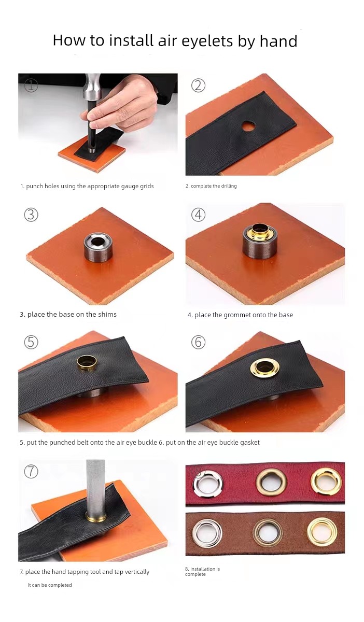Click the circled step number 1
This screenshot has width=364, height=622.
coord(31,85)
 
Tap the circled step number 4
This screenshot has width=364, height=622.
coord(199,215)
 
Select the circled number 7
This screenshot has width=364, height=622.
coord(31,471)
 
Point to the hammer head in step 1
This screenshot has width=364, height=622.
coord(93,88)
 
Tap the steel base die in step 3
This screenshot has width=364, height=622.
coord(98,247)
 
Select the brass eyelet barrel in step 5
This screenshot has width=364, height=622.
coord(87,362)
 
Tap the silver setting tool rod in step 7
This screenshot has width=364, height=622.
coord(95,488)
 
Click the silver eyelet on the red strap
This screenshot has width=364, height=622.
coord(208,484)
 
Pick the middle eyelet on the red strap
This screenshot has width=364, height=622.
coord(271,482)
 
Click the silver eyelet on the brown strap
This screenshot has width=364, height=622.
coord(207,533)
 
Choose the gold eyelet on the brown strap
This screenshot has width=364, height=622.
coord(322,532)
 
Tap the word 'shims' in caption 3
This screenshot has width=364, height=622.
coord(106,314)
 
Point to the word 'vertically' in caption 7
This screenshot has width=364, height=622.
coord(137,572)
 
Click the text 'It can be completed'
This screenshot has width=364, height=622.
coord(50,585)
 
